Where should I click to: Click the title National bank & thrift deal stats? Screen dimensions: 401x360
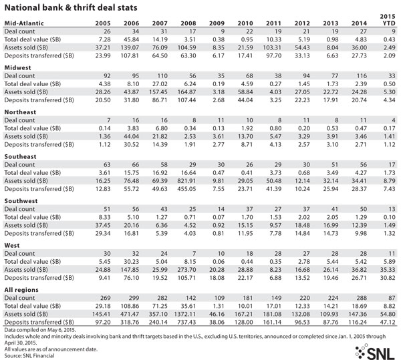click(x=71, y=7)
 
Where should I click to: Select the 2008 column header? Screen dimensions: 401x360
click(x=188, y=23)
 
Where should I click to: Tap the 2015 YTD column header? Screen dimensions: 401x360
click(x=388, y=19)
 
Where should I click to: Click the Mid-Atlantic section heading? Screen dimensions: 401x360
click(x=24, y=23)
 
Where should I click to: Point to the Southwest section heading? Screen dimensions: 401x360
click(x=21, y=201)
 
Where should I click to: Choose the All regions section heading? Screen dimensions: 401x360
click(x=21, y=290)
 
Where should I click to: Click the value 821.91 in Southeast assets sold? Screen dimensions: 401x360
click(x=186, y=181)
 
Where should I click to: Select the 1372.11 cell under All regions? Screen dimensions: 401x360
click(x=185, y=314)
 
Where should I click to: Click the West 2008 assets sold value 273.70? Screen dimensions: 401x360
click(x=186, y=270)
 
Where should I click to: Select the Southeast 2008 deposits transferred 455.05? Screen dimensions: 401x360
click(x=186, y=189)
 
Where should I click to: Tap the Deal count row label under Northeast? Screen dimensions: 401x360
click(x=19, y=120)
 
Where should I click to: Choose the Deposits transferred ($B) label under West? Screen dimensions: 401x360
click(x=39, y=278)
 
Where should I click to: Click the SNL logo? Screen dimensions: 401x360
click(x=375, y=352)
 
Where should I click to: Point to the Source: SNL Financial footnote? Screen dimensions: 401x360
click(x=29, y=355)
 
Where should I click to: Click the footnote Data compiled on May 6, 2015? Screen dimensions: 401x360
click(x=40, y=330)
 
